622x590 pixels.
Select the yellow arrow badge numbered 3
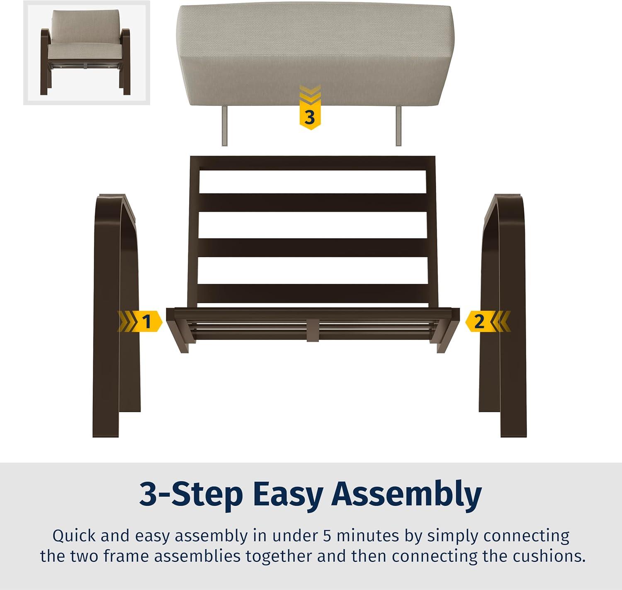(x=310, y=108)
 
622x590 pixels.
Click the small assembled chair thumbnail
(x=86, y=53)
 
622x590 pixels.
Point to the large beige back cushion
(x=315, y=54)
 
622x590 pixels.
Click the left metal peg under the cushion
(x=225, y=126)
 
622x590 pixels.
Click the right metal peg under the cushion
(x=398, y=126)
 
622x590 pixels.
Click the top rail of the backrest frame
(x=313, y=163)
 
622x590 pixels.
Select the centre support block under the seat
(x=313, y=330)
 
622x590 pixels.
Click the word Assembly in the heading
(x=406, y=495)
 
